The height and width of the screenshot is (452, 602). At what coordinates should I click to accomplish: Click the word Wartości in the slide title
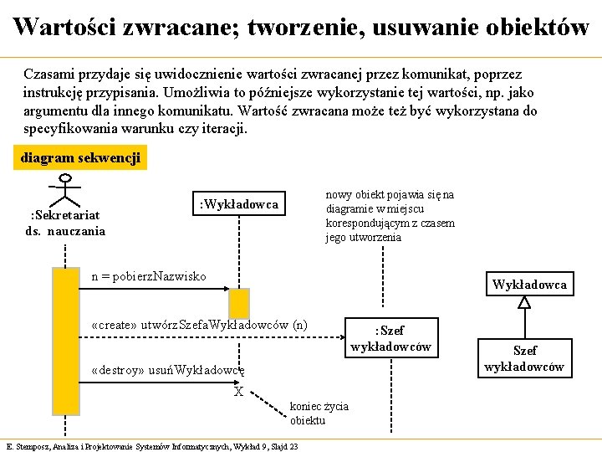[x=64, y=27]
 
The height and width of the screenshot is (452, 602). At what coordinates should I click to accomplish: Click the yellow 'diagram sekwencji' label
[x=81, y=157]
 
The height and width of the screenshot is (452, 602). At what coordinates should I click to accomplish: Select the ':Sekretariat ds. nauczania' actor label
[x=66, y=223]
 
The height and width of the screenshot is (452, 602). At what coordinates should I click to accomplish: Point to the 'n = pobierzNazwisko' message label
[x=149, y=276]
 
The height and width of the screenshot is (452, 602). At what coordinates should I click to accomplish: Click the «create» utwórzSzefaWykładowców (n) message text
[x=198, y=325]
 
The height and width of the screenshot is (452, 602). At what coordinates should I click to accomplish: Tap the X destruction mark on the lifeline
[x=238, y=392]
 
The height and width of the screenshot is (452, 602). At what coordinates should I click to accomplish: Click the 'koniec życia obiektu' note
[x=319, y=413]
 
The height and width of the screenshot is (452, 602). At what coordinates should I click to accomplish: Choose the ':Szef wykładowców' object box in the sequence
[x=391, y=337]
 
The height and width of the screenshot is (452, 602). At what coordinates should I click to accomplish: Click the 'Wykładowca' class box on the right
[x=529, y=285]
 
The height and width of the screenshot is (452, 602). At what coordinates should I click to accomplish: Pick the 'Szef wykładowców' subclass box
[x=524, y=358]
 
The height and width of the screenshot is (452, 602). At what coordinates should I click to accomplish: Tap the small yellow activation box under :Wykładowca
[x=239, y=302]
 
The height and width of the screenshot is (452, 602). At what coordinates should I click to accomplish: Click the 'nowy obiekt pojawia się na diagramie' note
[x=390, y=216]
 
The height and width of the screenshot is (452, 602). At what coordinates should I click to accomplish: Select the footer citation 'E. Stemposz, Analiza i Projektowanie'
[x=151, y=446]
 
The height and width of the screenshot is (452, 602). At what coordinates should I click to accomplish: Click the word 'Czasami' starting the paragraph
[x=48, y=74]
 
